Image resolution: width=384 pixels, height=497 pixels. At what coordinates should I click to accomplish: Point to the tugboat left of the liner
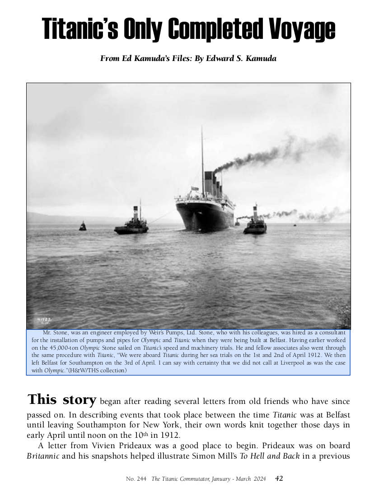tap(131, 225)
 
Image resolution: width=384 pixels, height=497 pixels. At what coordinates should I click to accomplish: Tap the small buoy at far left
tap(82, 226)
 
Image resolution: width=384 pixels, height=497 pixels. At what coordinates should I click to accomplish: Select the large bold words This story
tap(62, 400)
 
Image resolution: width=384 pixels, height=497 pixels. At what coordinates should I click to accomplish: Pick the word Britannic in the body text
tap(43, 455)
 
